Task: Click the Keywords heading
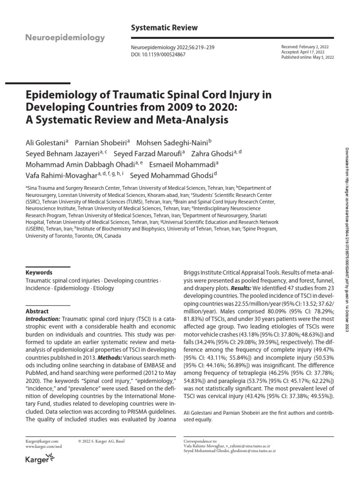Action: click(39, 272)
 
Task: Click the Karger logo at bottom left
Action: click(39, 460)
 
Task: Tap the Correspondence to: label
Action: click(199, 441)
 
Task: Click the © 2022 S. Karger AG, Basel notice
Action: click(101, 441)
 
